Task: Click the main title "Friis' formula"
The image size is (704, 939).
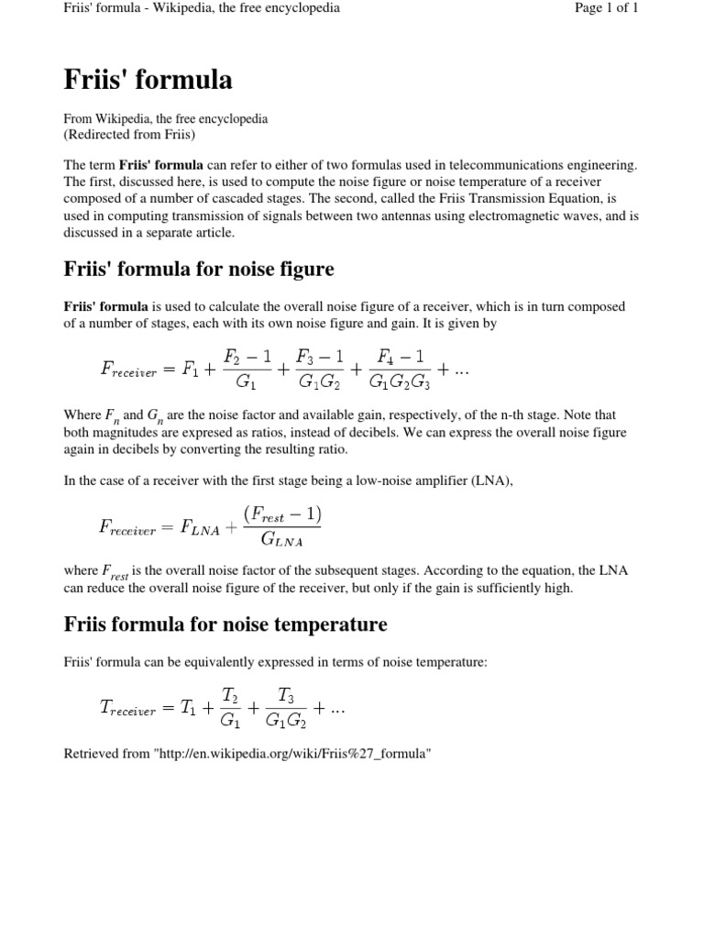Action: pos(148,81)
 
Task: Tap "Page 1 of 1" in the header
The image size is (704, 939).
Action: pos(604,8)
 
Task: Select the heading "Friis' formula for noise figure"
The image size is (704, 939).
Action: pos(199,269)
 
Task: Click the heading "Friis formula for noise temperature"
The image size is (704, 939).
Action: pos(225,624)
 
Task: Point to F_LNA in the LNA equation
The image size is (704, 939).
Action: pos(199,526)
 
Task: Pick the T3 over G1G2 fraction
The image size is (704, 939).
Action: pos(287,707)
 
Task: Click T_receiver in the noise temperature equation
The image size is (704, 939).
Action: pos(128,708)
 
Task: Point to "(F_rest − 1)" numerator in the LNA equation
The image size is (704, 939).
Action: pos(282,513)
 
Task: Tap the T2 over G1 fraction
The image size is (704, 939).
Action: pos(231,707)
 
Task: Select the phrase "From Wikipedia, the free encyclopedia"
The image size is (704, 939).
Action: pos(165,119)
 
